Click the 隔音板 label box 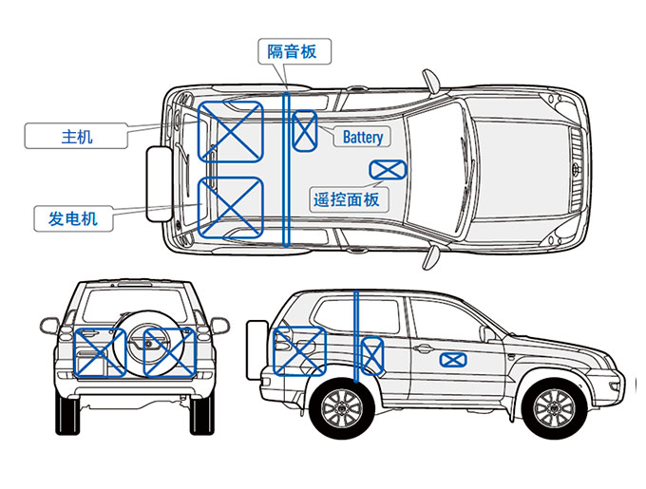[294, 51]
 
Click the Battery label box [363, 137]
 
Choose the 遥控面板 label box [346, 199]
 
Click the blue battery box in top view [305, 131]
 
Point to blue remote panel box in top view [387, 170]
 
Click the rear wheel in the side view [340, 409]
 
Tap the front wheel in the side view [553, 409]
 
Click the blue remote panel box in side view [453, 360]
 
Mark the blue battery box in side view [373, 354]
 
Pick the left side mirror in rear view [49, 326]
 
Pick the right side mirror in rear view [219, 326]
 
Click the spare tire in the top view [157, 183]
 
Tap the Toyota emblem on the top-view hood [578, 171]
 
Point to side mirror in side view [486, 333]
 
